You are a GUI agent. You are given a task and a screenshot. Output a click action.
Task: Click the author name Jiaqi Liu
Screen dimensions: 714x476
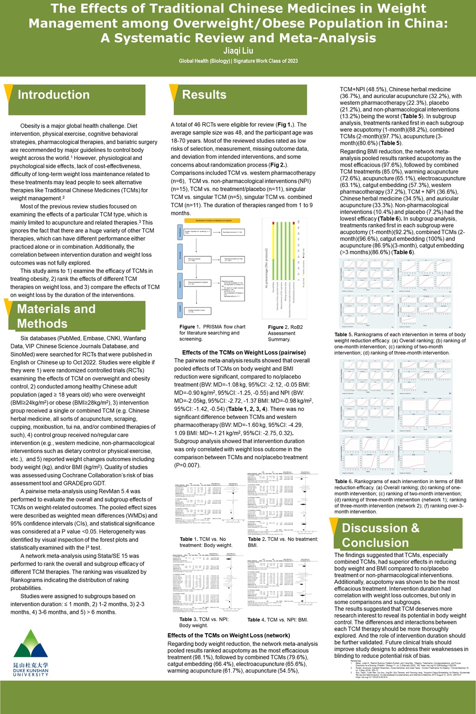click(x=238, y=50)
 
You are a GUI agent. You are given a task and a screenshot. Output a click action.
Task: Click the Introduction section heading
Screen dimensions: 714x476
click(x=53, y=95)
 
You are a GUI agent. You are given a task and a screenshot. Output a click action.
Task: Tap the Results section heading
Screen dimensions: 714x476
click(x=204, y=95)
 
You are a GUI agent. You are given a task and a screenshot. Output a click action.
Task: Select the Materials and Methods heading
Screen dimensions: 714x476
click(x=56, y=316)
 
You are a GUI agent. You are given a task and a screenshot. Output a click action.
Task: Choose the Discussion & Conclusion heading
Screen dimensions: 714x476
click(x=380, y=535)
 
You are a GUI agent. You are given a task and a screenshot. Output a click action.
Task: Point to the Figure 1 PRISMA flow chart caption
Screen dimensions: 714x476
click(x=212, y=333)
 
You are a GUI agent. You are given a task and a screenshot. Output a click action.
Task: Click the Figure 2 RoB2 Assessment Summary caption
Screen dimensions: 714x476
click(x=285, y=333)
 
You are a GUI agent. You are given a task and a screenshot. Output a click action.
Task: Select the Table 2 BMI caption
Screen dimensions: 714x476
click(x=283, y=542)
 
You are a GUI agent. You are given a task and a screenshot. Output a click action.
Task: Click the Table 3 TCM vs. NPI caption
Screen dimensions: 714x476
click(x=204, y=622)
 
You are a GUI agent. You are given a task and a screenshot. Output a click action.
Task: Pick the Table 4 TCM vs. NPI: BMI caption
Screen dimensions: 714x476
click(x=278, y=620)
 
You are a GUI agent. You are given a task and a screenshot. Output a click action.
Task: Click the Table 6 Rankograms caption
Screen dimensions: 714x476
click(x=400, y=496)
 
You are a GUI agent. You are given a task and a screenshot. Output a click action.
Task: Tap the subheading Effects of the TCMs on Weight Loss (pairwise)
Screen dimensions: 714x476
click(x=244, y=353)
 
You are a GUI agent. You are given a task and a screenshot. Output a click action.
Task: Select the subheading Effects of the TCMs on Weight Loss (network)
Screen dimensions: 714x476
click(x=228, y=635)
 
